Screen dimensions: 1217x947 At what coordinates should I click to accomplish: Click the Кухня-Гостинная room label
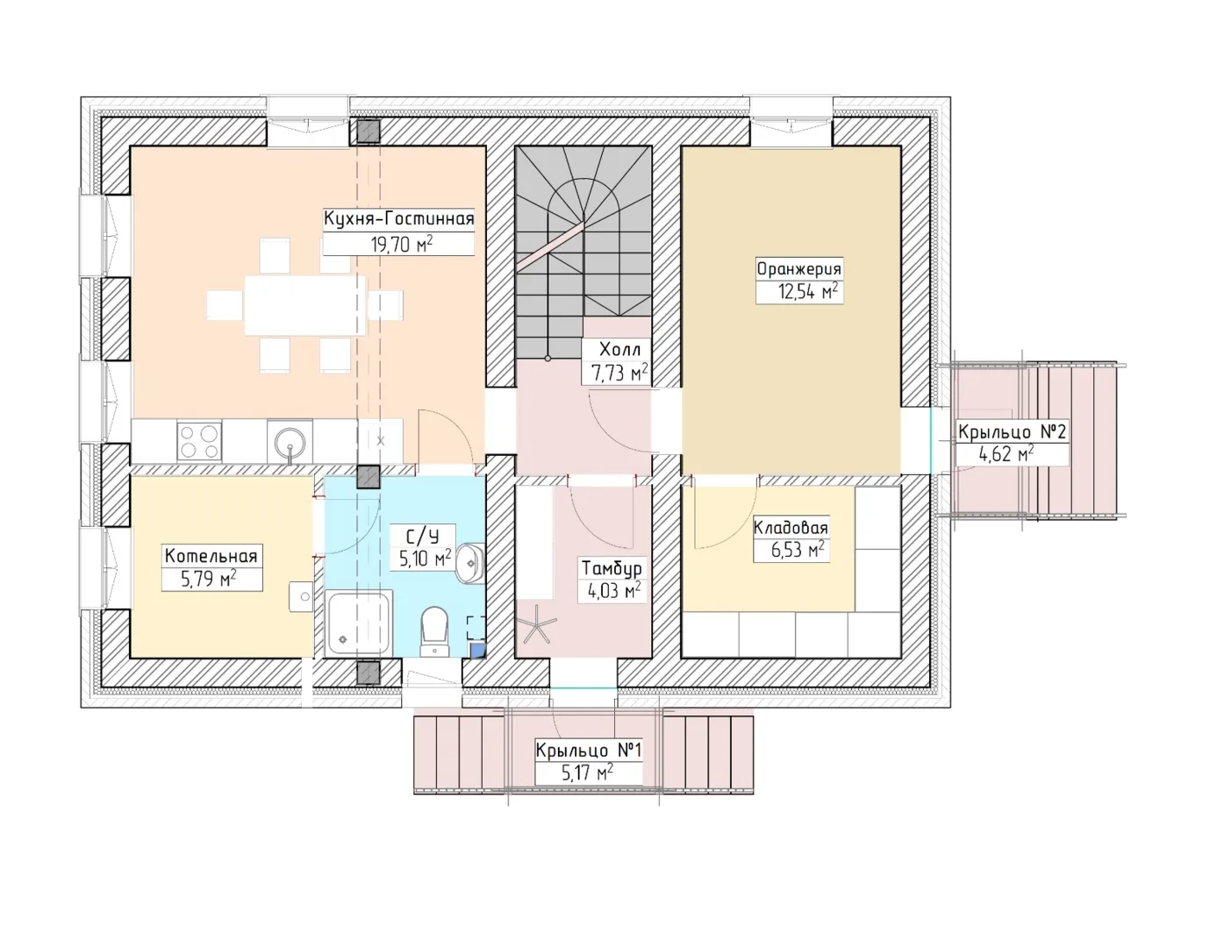pos(399,219)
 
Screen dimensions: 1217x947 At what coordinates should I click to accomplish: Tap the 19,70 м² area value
pos(402,244)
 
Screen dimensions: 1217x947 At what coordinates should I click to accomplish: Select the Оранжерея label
pos(799,269)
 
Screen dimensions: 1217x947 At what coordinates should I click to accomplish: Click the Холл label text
pos(620,350)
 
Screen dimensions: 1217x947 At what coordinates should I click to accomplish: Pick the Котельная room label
pos(211,556)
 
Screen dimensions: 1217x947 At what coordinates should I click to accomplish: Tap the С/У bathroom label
pos(423,537)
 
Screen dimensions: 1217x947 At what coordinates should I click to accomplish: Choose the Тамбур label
pos(612,568)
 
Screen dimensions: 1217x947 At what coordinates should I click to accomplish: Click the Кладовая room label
pos(791,528)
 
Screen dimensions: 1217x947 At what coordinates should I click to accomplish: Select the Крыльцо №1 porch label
pos(589,750)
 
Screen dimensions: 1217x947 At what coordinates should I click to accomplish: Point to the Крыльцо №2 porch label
pos(1013,432)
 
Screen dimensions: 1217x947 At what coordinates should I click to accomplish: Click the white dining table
pos(304,306)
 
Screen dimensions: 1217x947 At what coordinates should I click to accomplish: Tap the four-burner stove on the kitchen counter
pos(199,442)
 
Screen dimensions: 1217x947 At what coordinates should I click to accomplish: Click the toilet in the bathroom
pos(434,632)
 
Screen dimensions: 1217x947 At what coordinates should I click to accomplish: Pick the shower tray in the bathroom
pos(359,623)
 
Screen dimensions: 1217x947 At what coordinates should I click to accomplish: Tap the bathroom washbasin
pos(469,562)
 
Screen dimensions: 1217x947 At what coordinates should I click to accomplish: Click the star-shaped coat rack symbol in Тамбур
pos(539,623)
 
